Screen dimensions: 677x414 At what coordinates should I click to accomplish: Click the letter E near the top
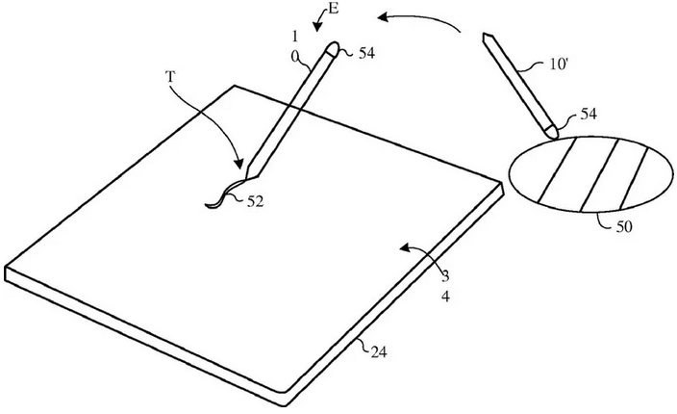pos(334,9)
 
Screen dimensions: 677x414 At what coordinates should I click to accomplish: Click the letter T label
pos(170,77)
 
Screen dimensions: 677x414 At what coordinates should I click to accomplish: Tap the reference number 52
pos(255,201)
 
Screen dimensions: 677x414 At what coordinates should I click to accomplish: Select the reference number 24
pos(379,352)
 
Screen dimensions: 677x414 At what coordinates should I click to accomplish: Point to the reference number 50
pos(623,226)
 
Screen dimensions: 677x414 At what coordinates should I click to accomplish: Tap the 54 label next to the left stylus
pos(366,53)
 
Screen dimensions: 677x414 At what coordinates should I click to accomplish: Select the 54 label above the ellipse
pos(589,114)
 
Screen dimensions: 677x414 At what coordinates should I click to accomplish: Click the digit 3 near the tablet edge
pos(445,274)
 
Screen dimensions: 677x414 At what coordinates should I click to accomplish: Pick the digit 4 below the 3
pos(445,297)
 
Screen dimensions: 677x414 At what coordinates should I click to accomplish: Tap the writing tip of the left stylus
pos(246,177)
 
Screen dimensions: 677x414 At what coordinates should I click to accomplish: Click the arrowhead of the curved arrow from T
pos(238,165)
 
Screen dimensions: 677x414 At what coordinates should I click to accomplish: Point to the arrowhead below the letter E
pos(317,27)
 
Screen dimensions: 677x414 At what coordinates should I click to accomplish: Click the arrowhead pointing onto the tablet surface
pos(405,247)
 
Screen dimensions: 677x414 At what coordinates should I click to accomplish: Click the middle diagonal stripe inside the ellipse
pos(601,175)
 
